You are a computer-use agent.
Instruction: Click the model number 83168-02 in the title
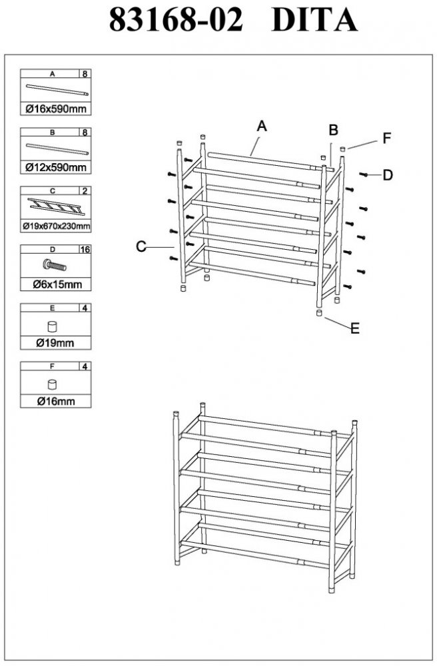pos(176,20)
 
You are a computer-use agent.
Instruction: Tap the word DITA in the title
pos(314,20)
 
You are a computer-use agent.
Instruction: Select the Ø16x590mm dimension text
pos(56,109)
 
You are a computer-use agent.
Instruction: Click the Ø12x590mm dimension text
pos(56,167)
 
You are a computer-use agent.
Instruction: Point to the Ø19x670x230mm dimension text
pos(56,226)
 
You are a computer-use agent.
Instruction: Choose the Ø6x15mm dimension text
pos(57,284)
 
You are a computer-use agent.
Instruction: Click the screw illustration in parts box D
pos(55,266)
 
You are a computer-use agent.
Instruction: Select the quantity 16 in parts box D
pos(85,249)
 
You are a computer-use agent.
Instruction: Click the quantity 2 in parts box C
pos(85,190)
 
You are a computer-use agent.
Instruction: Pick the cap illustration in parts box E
pos(53,326)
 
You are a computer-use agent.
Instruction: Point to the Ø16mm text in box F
pos(56,401)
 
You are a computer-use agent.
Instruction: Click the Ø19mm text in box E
pos(55,342)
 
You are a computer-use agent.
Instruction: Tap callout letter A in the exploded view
pos(262,126)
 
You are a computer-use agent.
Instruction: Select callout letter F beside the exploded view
pos(386,138)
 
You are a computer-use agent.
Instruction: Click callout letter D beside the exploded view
pos(387,175)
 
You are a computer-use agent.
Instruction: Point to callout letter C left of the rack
pos(141,246)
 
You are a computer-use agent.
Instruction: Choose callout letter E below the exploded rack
pos(355,328)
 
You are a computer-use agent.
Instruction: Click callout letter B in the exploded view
pos(333,130)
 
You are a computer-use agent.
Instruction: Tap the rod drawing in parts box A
pos(57,90)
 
